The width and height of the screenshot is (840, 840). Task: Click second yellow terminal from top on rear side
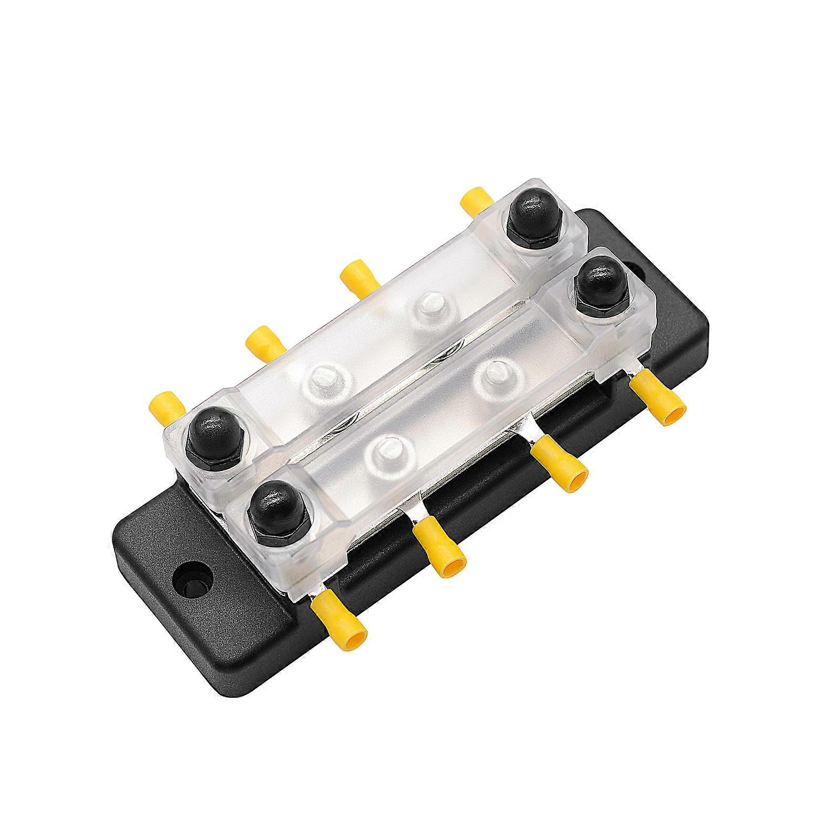(360, 278)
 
